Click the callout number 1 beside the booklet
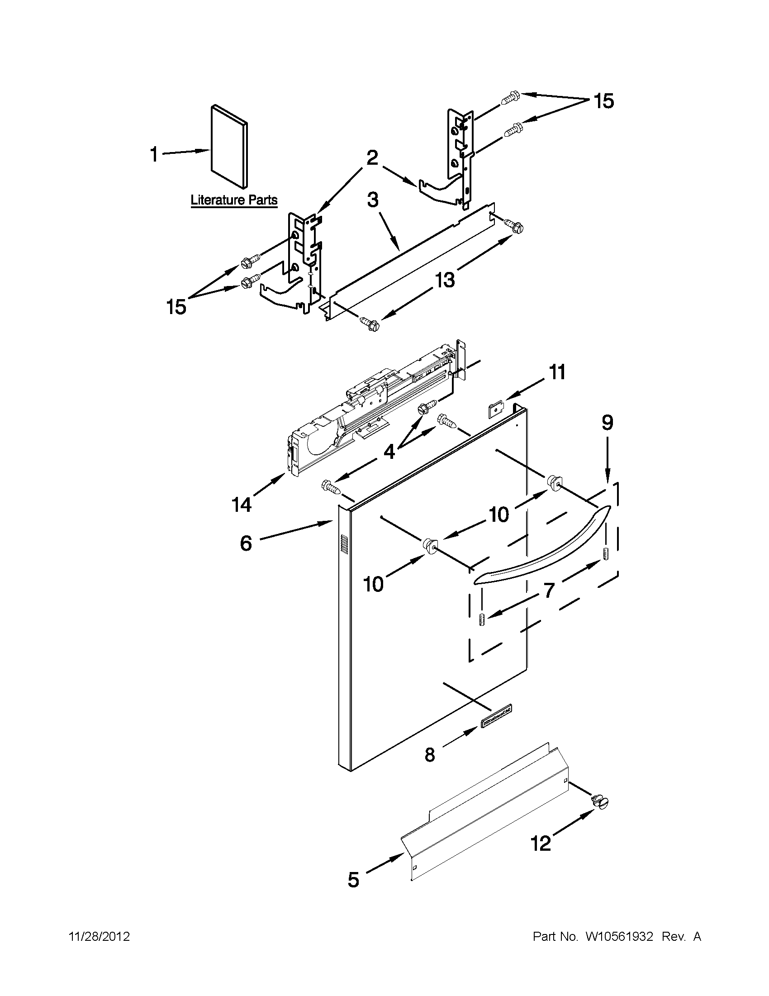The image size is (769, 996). (154, 155)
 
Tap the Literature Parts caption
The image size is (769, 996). (234, 200)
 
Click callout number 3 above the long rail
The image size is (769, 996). (373, 200)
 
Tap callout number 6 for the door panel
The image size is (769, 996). (246, 543)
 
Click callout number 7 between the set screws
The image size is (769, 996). (549, 590)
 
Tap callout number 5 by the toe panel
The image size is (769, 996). (353, 880)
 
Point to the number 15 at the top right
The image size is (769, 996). (603, 101)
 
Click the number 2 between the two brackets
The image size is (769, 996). (372, 158)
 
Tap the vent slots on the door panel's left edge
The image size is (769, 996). (345, 545)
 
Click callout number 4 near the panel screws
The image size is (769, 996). (389, 452)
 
